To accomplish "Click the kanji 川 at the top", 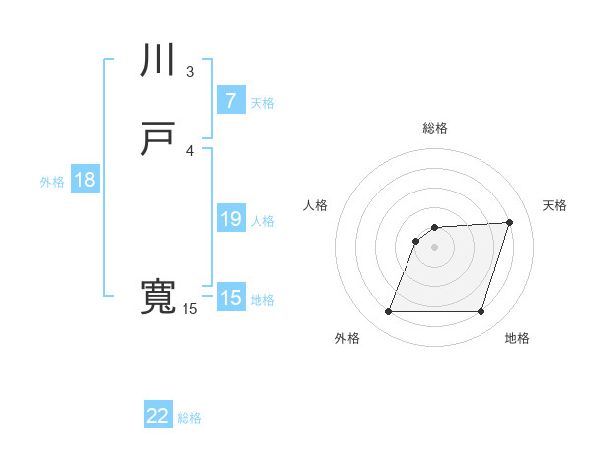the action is click(x=158, y=62).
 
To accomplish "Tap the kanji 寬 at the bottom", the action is click(x=158, y=297).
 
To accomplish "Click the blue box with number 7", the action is click(x=230, y=100).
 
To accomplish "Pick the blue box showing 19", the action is click(x=230, y=219).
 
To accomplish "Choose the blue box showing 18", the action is click(x=84, y=180).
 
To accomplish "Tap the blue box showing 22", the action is click(x=158, y=416).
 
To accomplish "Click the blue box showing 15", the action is click(x=230, y=298).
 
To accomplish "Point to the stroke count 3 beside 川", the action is click(x=190, y=71).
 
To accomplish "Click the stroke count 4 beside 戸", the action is click(x=190, y=150).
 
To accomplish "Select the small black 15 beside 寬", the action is click(x=189, y=309).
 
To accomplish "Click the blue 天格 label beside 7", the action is click(x=261, y=102).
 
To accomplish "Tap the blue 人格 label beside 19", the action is click(x=262, y=221).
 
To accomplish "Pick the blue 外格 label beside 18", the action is click(x=52, y=182).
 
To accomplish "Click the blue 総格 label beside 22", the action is click(x=189, y=418).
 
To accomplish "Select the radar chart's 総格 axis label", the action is click(x=435, y=128).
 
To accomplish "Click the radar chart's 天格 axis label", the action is click(x=555, y=205).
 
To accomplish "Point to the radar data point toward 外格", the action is click(x=388, y=312).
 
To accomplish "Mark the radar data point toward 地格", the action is click(x=481, y=312).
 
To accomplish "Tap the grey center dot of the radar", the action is click(x=434, y=247).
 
